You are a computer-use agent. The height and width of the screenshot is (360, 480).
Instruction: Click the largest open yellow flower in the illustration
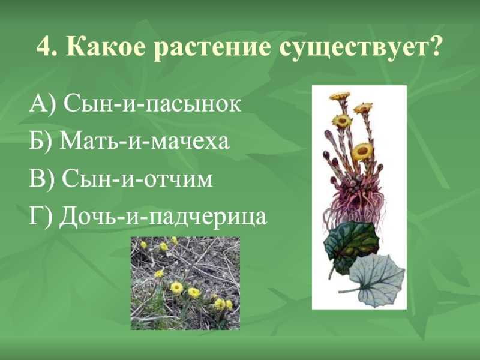coord(362,152)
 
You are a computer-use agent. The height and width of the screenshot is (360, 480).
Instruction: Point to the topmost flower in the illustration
coord(340,97)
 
